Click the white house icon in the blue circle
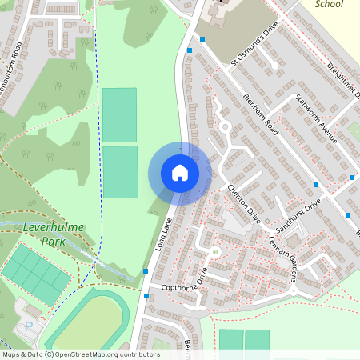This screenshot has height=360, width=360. (180, 173)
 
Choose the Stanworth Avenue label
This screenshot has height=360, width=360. (315, 119)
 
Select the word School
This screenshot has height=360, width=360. (329, 4)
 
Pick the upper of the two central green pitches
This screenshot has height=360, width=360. (119, 114)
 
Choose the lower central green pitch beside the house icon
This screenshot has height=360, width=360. (120, 171)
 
